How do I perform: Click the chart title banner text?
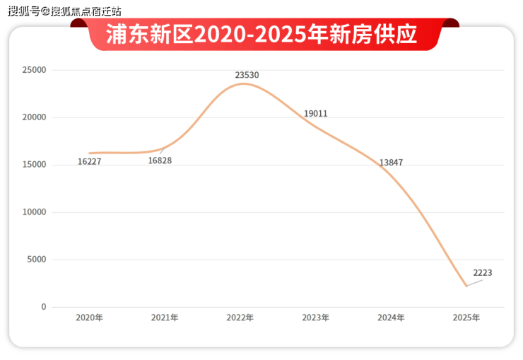pos(261,35)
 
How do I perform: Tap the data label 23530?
pos(247,74)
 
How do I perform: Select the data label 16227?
pos(90,162)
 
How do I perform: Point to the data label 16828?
pos(160,161)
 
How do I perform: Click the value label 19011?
pos(315,114)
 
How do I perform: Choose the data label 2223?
pos(483,273)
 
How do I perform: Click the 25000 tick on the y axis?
pos(34,71)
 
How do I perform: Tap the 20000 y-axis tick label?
pos(34,118)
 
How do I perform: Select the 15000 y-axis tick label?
pos(34,166)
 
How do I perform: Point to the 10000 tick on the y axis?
pos(34,213)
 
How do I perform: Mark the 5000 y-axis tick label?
pos(36,260)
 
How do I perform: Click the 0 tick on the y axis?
pos(43,307)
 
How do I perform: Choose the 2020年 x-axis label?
pos(89,318)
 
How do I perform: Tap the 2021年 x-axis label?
pos(165,318)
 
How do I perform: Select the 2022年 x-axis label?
pos(240,318)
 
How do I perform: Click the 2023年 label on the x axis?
pos(315,318)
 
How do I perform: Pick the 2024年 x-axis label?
pos(391,318)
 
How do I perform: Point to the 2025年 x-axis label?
pos(466,318)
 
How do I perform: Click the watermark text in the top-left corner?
pos(64,11)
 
